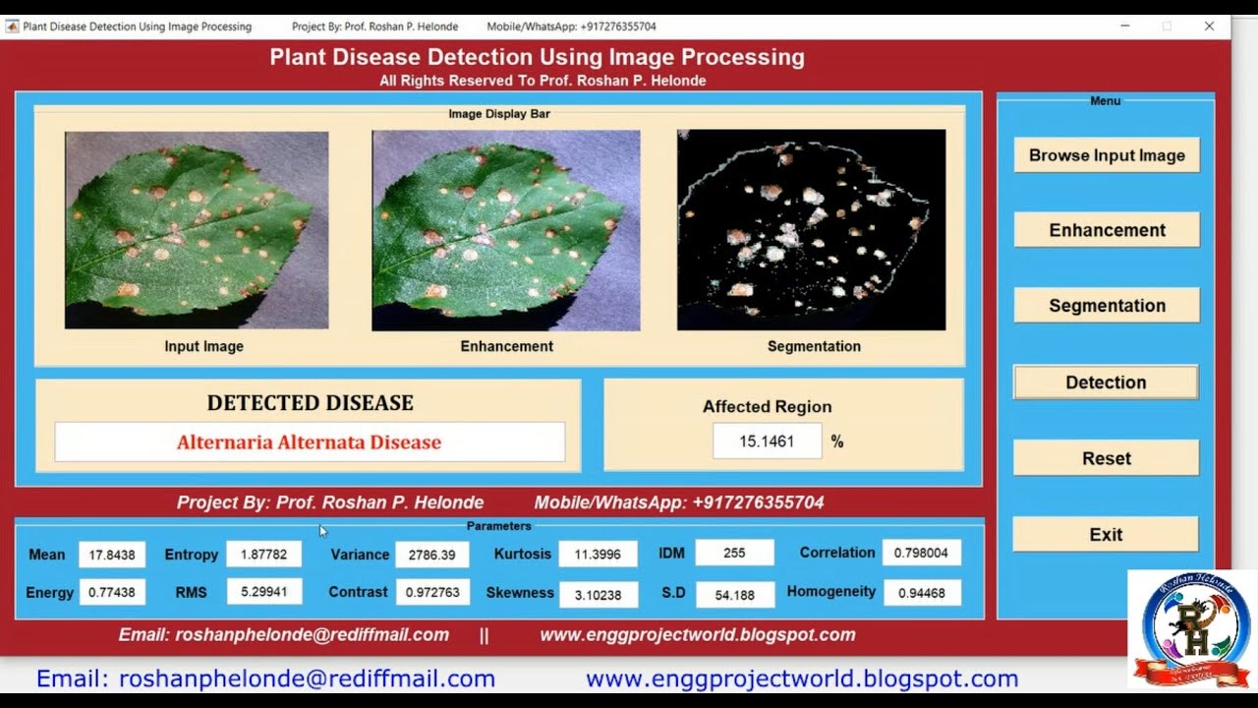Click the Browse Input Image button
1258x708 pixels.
point(1107,155)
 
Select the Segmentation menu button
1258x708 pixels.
point(1107,306)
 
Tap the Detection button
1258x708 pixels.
point(1106,383)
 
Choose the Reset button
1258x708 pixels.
point(1106,458)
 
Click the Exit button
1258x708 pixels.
point(1106,535)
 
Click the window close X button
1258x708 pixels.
point(1209,27)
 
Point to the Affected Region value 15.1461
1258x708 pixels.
point(767,442)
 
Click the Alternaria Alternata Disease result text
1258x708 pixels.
point(309,442)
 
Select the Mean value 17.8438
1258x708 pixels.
point(112,555)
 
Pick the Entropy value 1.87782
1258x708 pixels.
point(263,555)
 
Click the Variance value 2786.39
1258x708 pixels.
point(432,555)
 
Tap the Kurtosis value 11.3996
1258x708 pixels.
point(598,555)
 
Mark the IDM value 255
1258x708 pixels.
point(734,553)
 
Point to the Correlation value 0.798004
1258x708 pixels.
point(921,553)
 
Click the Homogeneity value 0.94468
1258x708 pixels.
point(921,593)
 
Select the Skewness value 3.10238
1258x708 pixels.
point(598,594)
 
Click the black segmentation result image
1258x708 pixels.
point(811,230)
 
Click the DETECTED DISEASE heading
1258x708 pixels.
point(310,403)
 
